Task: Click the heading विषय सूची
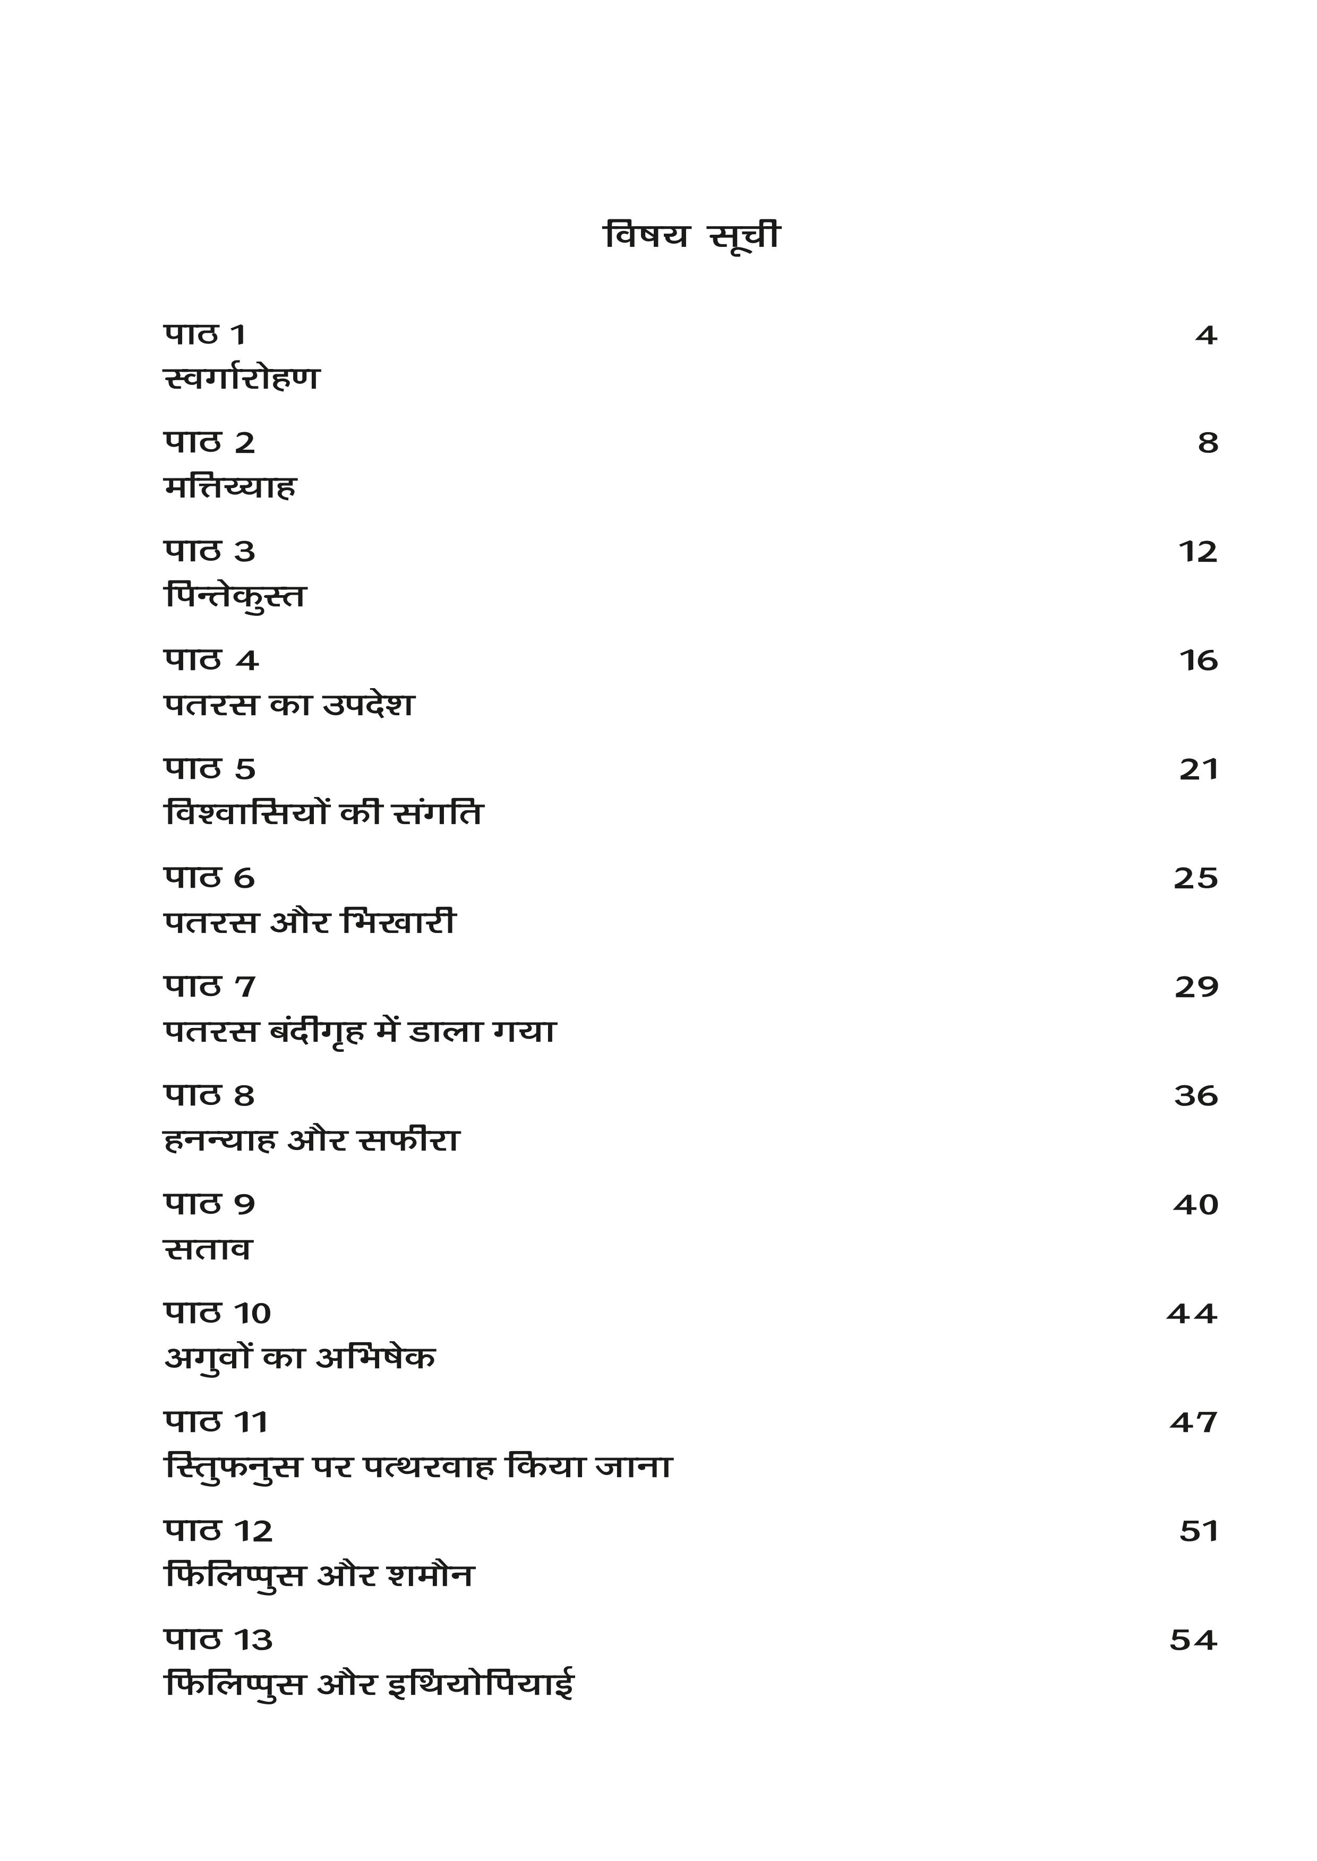click(692, 236)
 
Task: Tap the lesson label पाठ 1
click(204, 334)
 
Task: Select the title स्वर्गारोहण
click(242, 379)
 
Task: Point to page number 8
click(1208, 443)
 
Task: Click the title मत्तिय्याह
click(230, 487)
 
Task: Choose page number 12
click(1198, 552)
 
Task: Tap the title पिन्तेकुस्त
click(235, 597)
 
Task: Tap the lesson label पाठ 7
click(209, 987)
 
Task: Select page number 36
click(1196, 1096)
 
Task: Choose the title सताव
click(208, 1249)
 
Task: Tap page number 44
click(1192, 1314)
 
